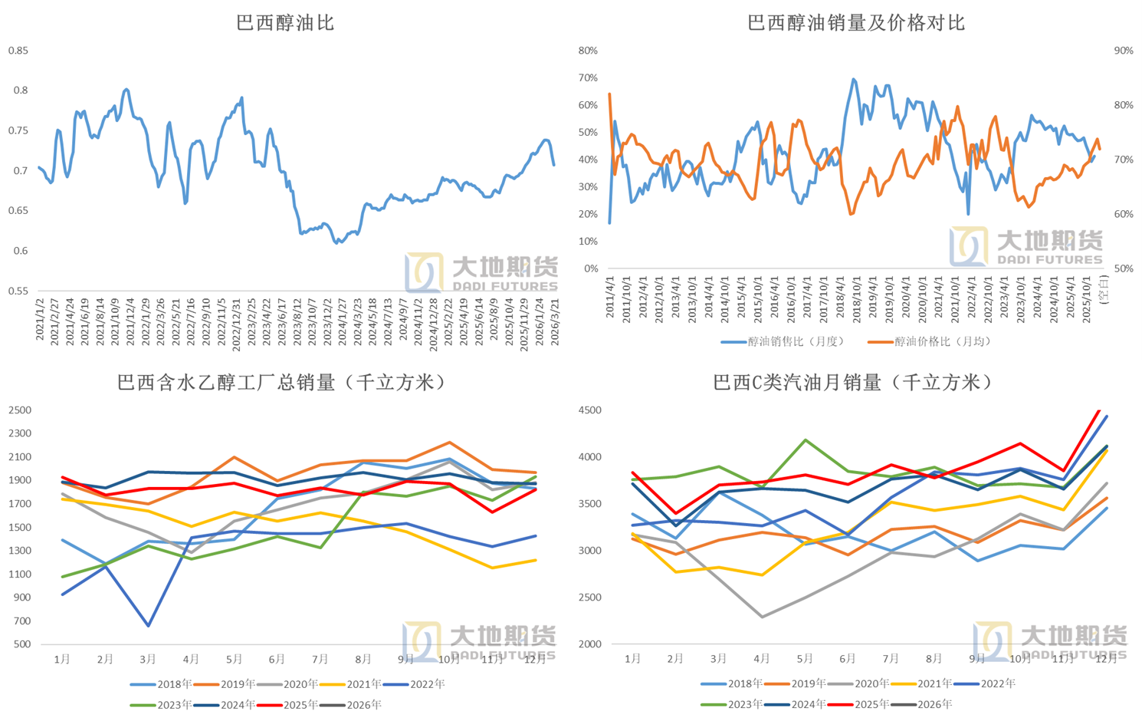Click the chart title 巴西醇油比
(x=285, y=23)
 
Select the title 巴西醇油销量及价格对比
(x=855, y=23)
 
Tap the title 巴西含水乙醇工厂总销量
(x=282, y=382)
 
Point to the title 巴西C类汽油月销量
(x=853, y=382)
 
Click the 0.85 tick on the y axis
(x=18, y=51)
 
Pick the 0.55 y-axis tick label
(x=18, y=291)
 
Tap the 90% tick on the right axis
(x=1123, y=51)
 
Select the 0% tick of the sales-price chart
(x=590, y=268)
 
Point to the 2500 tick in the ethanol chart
(x=20, y=410)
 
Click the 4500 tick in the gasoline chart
(x=590, y=410)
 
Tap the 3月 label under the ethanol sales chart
(x=148, y=659)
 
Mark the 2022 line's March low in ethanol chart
(x=148, y=626)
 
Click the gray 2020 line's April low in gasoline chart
(x=762, y=617)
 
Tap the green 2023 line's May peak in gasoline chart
(x=805, y=440)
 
